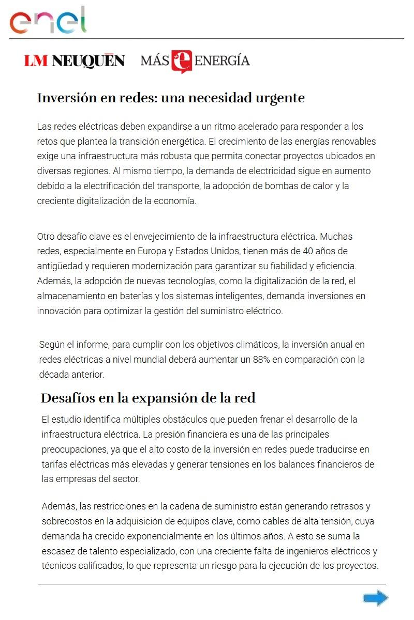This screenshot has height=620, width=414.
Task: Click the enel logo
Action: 48,21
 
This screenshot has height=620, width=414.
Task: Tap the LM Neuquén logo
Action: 74,61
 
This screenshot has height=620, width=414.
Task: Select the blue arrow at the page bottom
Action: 375,598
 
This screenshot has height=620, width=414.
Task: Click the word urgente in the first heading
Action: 280,98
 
